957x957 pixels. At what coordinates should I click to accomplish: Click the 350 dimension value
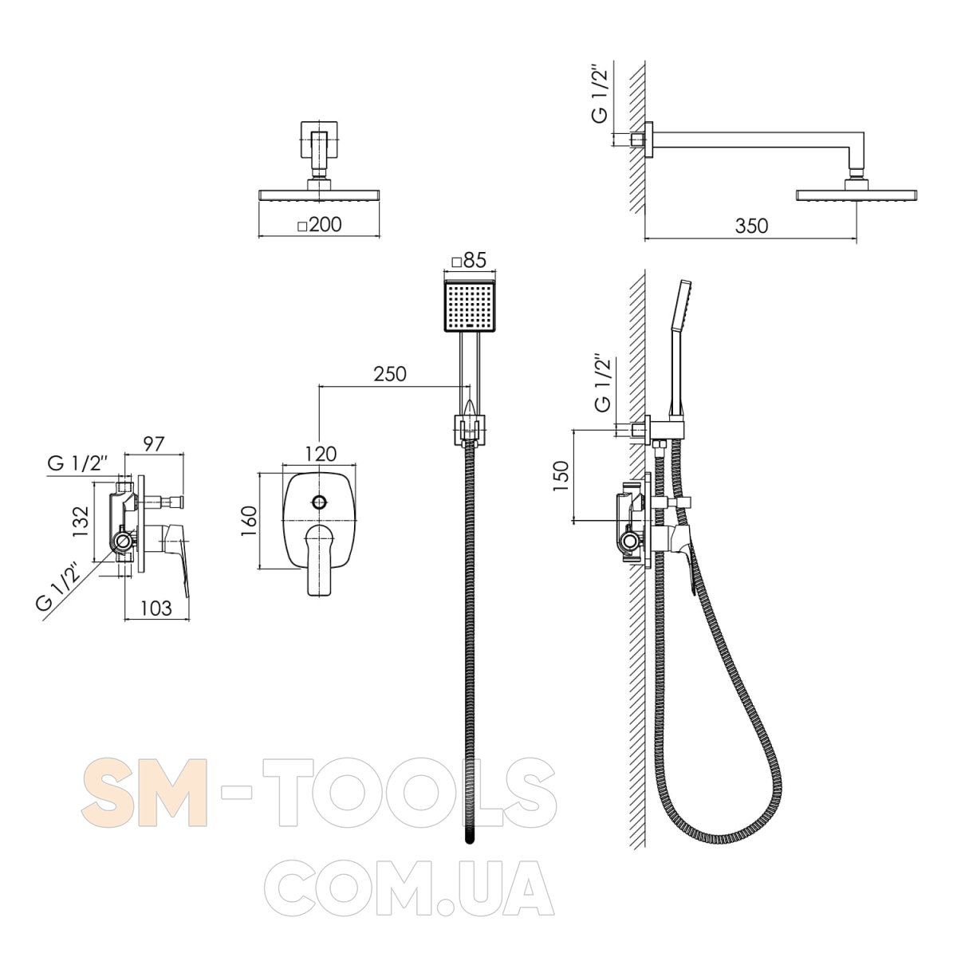751,226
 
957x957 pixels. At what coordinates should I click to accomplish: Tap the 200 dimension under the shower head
320,224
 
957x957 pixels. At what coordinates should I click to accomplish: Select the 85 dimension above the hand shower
468,260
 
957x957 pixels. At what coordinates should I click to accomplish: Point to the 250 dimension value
390,374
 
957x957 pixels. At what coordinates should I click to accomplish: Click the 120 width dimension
320,454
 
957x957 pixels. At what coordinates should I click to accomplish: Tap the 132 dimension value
81,521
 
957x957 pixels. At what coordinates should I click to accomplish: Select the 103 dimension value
156,608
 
